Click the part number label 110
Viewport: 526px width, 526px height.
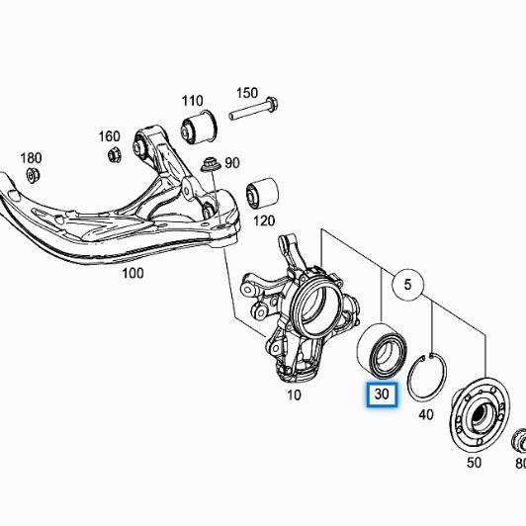192,101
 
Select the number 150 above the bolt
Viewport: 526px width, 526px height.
247,93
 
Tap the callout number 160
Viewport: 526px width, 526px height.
109,136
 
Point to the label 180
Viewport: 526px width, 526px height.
32,158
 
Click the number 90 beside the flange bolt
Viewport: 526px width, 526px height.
232,163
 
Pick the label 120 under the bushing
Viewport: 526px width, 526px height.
264,220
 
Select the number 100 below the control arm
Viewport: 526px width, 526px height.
132,273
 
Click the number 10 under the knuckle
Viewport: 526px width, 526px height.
294,395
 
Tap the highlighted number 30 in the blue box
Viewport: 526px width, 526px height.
382,394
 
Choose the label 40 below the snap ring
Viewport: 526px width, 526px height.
426,415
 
